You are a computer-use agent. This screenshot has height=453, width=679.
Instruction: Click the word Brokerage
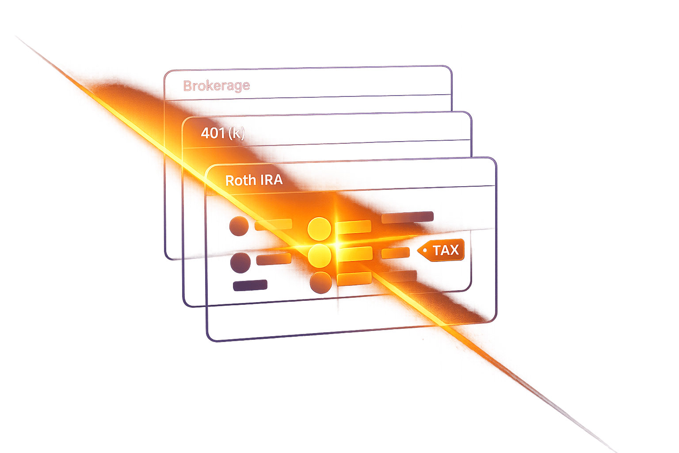[x=217, y=86]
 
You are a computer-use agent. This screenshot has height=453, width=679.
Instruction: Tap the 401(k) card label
[x=223, y=133]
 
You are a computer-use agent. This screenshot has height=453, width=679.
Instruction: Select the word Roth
[x=240, y=180]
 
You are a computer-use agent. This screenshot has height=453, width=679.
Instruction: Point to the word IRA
[x=271, y=180]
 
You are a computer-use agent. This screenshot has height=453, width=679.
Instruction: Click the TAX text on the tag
[x=446, y=250]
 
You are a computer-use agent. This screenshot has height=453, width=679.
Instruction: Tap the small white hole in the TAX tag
[x=425, y=250]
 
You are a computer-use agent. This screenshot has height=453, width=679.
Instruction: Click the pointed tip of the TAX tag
[x=418, y=251]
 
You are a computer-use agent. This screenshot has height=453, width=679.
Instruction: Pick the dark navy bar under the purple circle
[x=250, y=285]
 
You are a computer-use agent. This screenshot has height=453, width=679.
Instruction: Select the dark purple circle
[x=240, y=263]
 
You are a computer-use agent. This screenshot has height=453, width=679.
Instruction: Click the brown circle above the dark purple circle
[x=239, y=226]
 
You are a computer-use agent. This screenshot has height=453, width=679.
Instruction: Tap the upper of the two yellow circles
[x=319, y=229]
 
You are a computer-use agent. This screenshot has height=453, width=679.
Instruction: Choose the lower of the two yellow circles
[x=320, y=256]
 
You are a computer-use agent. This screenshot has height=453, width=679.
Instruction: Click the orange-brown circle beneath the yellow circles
[x=320, y=283]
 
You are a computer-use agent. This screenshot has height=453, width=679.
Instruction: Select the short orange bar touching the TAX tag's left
[x=396, y=253]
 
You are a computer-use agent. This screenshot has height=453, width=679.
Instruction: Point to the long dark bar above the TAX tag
[x=408, y=217]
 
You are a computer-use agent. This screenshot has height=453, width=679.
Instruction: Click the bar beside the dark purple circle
[x=274, y=259]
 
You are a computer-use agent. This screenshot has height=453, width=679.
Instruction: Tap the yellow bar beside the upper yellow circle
[x=354, y=227]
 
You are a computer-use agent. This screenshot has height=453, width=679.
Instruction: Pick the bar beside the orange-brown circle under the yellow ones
[x=354, y=279]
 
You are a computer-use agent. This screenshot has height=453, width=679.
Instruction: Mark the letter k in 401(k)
[x=237, y=133]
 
